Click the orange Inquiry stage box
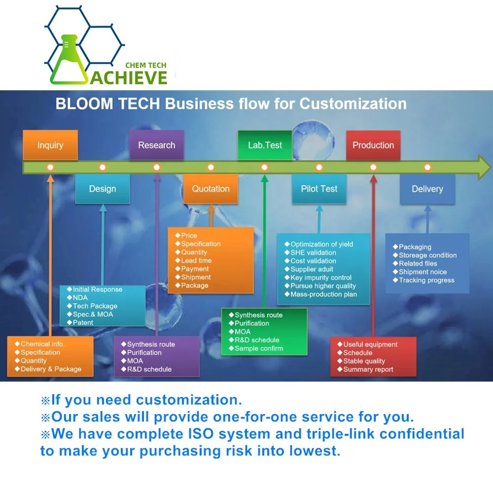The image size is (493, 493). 50,145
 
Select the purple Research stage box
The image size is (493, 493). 156,145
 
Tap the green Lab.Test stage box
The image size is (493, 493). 265,145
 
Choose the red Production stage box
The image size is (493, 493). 373,145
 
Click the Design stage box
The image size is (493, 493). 103,189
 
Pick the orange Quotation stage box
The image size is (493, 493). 211,189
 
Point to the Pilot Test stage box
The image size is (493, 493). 319,189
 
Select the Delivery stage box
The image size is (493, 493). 427,189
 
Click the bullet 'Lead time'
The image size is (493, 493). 196,260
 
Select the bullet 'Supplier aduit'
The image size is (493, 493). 312,269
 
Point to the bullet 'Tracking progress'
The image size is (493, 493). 426,280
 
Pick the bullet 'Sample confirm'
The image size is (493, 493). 259,348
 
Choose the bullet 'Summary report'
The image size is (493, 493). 368,369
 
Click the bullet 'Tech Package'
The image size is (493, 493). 95,306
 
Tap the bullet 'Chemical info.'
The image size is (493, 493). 43,344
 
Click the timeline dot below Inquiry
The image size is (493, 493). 50,167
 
